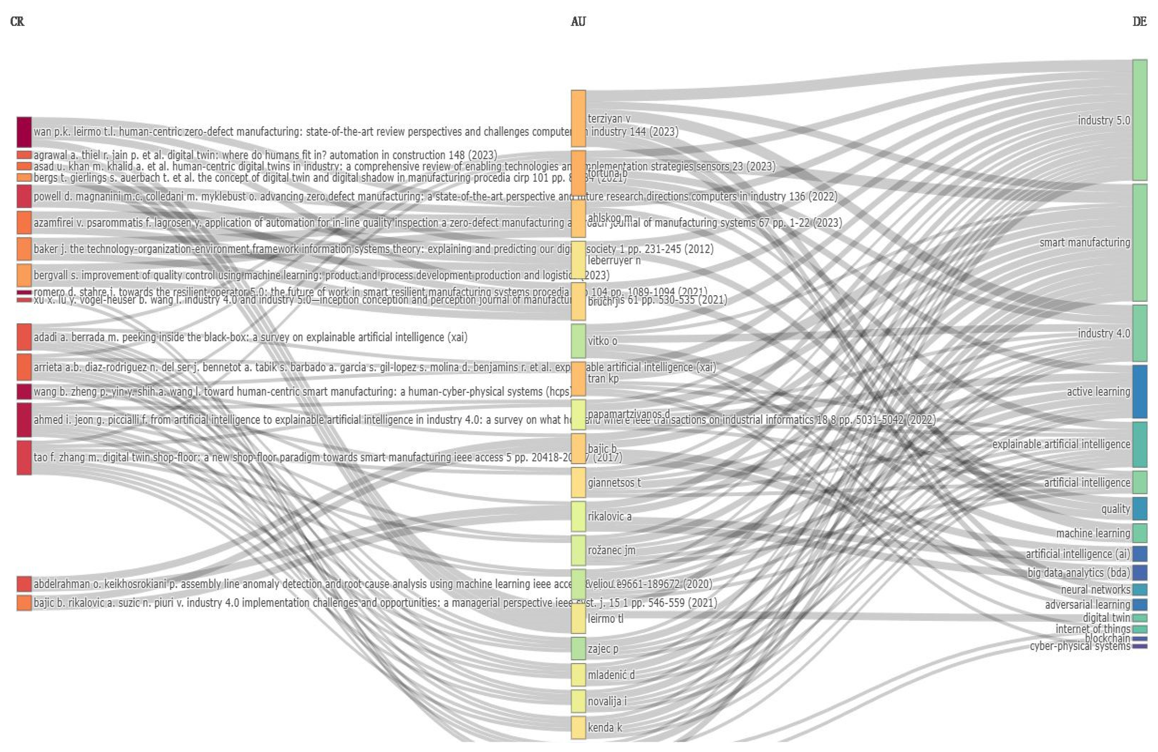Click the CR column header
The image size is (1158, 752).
17,21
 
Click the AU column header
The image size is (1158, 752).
578,21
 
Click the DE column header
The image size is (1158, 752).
1140,21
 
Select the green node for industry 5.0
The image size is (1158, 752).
1140,120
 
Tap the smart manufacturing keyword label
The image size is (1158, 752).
1084,242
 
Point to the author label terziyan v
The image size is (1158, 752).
609,118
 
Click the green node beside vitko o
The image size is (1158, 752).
578,341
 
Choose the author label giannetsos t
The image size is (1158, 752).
614,483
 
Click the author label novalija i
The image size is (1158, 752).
607,701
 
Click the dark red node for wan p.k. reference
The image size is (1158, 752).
24,132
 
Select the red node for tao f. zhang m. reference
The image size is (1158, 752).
24,457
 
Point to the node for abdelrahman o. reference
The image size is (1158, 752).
24,584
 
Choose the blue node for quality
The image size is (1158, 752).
1140,508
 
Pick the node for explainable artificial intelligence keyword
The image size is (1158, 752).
1140,444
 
